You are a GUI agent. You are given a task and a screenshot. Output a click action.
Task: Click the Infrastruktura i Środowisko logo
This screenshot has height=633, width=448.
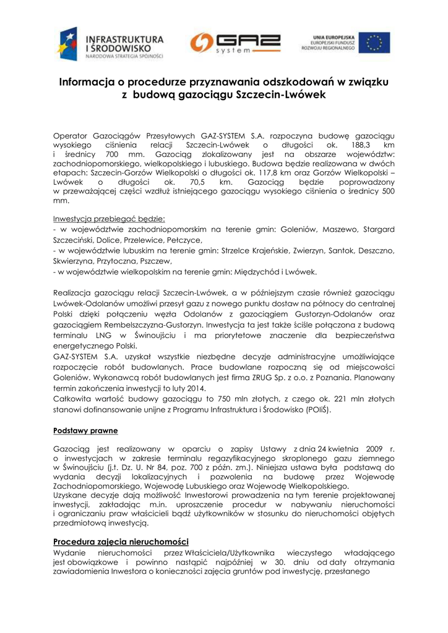tap(111, 43)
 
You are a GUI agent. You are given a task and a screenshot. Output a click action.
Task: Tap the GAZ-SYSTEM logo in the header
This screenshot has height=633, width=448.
tap(235, 43)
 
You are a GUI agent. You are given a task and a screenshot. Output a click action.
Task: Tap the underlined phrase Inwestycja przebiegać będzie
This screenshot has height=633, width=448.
tap(109, 219)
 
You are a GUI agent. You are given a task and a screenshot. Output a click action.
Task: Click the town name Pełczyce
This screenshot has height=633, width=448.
tap(184, 239)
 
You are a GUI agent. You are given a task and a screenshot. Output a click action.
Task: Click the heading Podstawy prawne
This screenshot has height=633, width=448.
tap(85, 430)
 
